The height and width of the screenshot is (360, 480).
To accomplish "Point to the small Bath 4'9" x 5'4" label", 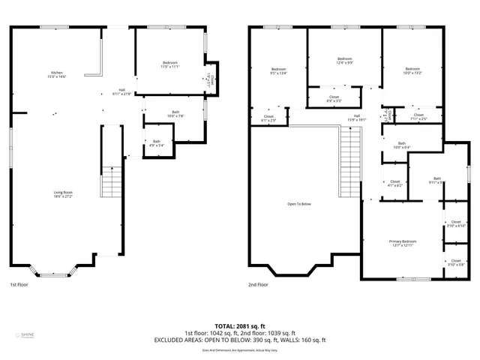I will pos(157,143).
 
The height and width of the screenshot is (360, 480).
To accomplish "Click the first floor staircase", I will pos(111,181).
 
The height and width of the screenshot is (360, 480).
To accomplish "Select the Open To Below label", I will pos(299,204).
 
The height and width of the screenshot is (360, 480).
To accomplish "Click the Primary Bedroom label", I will pos(403,243).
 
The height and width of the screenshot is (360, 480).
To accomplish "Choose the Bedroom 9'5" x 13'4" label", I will pos(278,71).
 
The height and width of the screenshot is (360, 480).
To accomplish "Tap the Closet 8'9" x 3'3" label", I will pos(334,98).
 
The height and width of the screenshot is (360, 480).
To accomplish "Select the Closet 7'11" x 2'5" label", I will pos(418,116).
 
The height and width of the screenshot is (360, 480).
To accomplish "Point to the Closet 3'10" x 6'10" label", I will pos(456,223).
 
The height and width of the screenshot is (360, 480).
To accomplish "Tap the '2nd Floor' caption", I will pos(259,285).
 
